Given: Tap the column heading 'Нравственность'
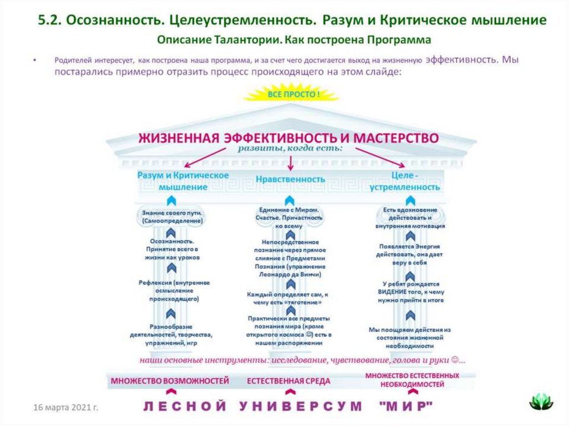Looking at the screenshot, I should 290,179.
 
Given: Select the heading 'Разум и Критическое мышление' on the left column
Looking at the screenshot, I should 183,181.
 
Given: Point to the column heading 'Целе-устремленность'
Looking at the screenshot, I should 405,181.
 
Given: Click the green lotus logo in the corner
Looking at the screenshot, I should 541,401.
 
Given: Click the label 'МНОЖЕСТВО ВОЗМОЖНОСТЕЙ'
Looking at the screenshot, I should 170,381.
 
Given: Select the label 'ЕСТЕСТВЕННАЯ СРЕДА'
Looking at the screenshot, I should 288,381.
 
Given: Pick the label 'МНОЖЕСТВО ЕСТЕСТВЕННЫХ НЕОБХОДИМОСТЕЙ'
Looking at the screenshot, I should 412,380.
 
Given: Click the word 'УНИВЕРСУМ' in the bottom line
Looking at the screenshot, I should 301,406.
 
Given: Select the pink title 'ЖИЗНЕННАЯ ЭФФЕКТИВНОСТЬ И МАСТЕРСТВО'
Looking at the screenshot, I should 288,137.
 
